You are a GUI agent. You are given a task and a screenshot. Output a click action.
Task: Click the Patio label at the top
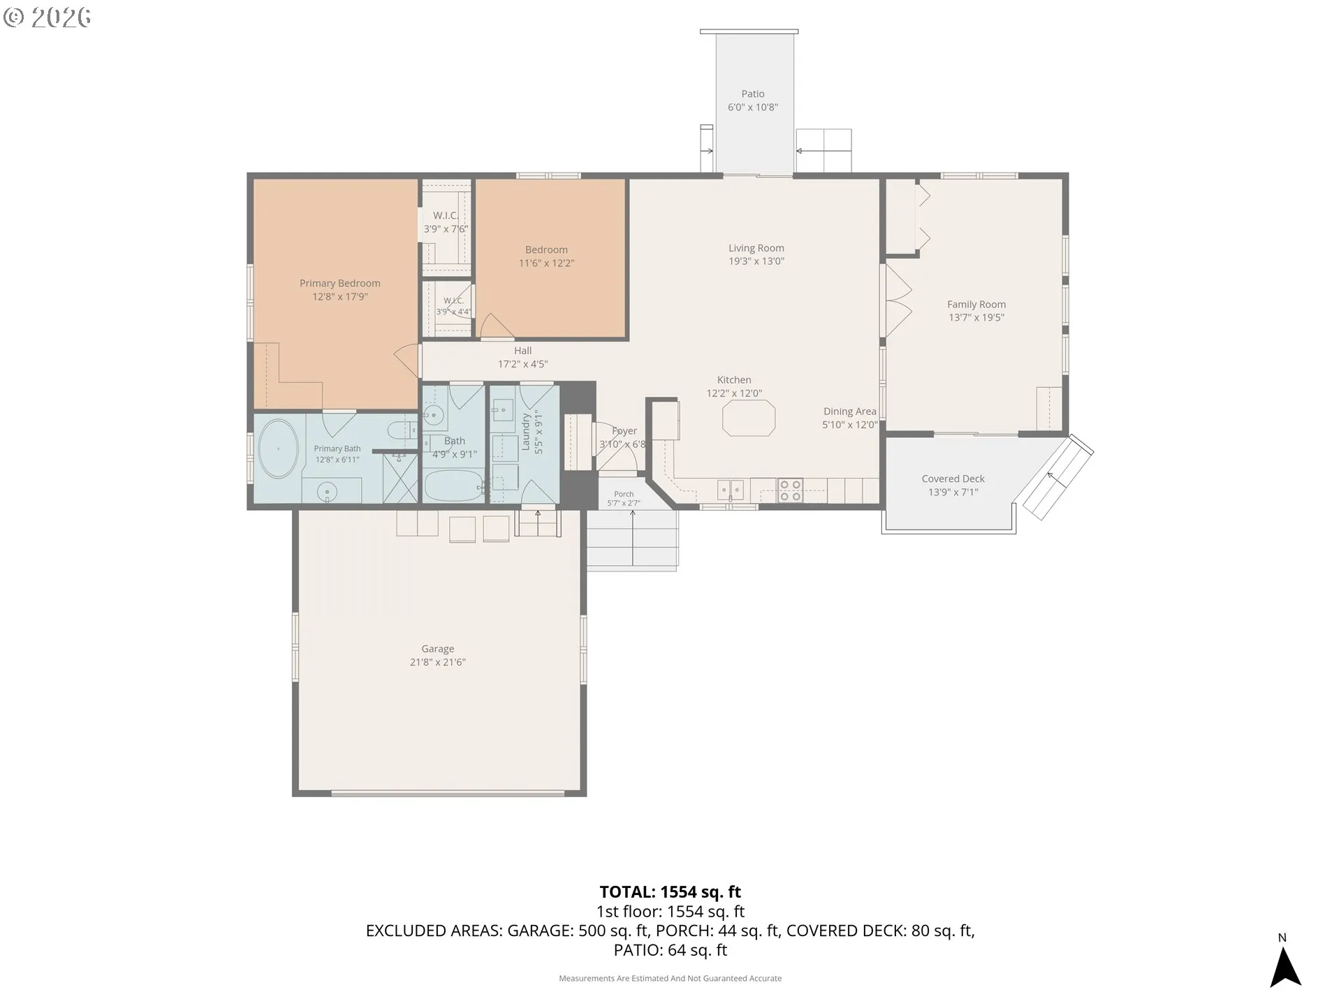pos(753,94)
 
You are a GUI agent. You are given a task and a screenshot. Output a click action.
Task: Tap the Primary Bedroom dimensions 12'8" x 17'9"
pos(340,297)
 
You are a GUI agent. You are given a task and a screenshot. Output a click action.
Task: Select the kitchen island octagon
pos(749,418)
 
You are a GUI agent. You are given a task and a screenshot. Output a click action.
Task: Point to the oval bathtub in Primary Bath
pos(278,449)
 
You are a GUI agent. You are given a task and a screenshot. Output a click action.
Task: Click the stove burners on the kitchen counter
pos(790,490)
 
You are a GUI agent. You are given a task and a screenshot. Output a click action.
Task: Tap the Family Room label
pos(976,305)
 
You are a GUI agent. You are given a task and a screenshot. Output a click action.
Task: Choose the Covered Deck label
pos(953,479)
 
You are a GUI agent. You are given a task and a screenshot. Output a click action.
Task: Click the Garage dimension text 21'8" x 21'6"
pos(438,662)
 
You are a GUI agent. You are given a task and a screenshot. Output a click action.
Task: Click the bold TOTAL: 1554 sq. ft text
pos(670,892)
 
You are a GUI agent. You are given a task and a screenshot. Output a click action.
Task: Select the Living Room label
pos(756,248)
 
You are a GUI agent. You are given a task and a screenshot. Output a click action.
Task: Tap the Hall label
pos(523,351)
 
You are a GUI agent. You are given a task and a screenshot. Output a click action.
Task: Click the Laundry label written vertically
pos(526,433)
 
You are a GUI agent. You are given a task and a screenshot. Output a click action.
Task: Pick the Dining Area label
pos(850,411)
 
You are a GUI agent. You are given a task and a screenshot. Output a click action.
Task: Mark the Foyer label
pos(624,431)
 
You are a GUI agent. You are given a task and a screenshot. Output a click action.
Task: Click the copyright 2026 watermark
pos(47,17)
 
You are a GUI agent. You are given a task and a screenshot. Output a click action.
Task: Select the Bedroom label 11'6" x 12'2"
pos(546,256)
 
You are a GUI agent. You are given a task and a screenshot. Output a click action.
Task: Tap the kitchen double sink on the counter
pos(731,490)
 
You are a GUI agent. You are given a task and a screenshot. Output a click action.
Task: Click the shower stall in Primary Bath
pos(400,479)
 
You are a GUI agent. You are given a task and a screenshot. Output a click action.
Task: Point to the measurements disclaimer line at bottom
pos(670,979)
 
